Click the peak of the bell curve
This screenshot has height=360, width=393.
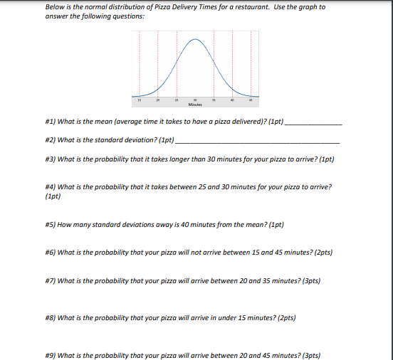194,38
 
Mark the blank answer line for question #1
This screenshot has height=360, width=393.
313,124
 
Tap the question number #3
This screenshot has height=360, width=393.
50,159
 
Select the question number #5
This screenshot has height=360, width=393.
50,225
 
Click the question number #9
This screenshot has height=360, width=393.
50,354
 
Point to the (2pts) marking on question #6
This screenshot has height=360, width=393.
322,253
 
